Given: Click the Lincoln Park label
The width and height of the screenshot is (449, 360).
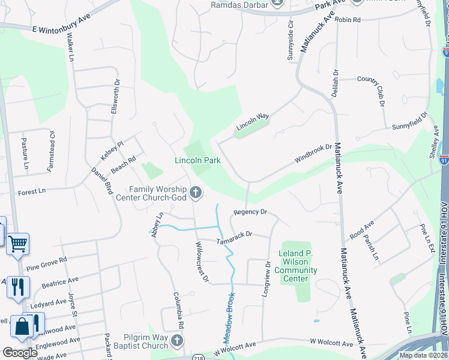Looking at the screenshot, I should [x=197, y=160].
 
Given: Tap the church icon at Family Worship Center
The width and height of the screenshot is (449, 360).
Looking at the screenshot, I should [x=195, y=193].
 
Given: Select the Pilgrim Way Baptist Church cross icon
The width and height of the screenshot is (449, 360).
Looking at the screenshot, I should [x=176, y=341].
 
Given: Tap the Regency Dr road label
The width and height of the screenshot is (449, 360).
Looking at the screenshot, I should [x=250, y=212].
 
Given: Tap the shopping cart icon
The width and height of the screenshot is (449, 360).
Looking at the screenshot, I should [x=18, y=244].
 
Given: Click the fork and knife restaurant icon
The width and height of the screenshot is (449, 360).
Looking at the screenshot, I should [x=19, y=286].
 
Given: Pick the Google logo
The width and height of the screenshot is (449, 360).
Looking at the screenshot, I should [x=19, y=352].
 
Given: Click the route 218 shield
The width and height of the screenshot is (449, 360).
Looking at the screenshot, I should [x=197, y=356].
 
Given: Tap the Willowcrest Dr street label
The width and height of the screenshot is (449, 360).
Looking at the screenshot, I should [x=202, y=262].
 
